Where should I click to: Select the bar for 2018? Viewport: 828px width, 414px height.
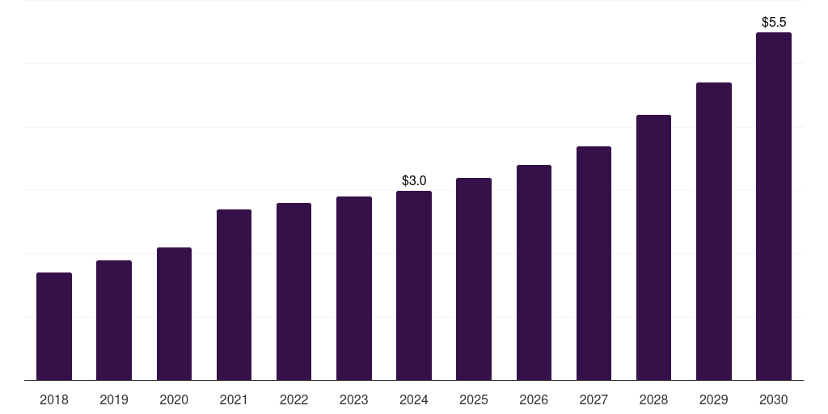click(x=54, y=327)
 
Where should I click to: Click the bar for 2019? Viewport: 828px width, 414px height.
click(x=114, y=320)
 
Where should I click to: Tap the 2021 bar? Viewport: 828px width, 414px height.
click(x=234, y=295)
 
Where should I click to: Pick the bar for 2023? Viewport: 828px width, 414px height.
click(x=354, y=289)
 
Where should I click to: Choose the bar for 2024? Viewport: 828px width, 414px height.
click(x=414, y=285)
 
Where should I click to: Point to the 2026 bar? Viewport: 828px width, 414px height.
click(x=534, y=272)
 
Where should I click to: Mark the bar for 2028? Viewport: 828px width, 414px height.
click(x=653, y=247)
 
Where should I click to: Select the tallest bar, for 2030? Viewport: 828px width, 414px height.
click(x=773, y=206)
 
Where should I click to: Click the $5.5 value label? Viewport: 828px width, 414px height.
click(x=774, y=22)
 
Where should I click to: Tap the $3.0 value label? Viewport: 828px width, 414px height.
click(x=414, y=180)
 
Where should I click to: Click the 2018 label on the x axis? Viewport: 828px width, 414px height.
click(x=54, y=399)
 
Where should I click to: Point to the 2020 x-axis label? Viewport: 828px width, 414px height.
click(x=174, y=399)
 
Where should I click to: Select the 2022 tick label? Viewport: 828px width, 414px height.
click(x=294, y=399)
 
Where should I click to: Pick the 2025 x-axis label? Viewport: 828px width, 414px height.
click(x=474, y=399)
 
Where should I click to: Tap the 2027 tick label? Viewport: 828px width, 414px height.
click(x=594, y=399)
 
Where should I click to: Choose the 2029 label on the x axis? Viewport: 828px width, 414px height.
click(x=713, y=399)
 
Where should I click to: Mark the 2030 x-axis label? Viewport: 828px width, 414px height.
click(x=773, y=399)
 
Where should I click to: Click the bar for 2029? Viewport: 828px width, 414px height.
click(x=713, y=231)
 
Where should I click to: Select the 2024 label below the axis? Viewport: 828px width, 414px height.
click(x=414, y=399)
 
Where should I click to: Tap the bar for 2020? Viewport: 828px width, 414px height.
click(x=174, y=314)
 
